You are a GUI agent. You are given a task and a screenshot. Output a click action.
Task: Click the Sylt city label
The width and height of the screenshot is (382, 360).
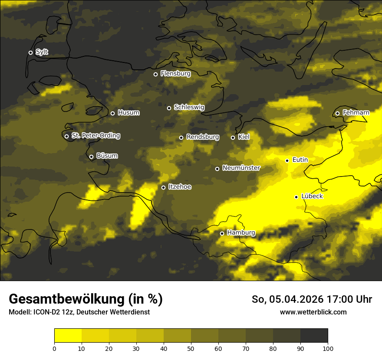coord(42,52)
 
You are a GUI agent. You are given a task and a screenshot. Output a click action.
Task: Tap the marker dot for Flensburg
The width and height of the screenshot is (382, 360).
coord(155,74)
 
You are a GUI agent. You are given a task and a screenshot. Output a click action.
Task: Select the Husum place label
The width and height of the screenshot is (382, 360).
coord(128,113)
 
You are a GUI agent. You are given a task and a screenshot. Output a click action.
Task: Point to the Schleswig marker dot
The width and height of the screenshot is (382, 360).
coord(169,108)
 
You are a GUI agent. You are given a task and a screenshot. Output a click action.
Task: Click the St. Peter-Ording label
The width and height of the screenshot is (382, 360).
coord(95,136)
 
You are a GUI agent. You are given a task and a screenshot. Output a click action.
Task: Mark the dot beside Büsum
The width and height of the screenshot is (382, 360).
coord(91,157)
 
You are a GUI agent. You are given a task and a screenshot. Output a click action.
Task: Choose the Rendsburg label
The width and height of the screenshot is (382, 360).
coord(202,137)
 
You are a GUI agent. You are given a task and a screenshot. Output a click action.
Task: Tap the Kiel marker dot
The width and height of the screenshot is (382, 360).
coord(233,137)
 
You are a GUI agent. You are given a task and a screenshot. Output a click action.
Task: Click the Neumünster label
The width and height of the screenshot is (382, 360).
coord(241,168)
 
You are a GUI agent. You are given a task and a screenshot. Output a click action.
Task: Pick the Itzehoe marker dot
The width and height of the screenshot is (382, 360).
coord(163,187)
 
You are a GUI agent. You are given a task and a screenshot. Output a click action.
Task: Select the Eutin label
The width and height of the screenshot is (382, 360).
coord(300,160)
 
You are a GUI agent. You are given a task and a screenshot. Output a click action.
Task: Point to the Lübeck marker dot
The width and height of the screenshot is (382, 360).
coord(296,197)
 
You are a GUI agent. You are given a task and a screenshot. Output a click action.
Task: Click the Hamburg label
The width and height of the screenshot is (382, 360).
coord(241,233)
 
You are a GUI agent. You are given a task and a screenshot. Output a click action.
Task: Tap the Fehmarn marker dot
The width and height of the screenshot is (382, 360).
coord(337,114)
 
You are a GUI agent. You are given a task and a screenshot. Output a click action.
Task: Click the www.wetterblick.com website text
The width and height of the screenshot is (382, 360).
coord(313,312)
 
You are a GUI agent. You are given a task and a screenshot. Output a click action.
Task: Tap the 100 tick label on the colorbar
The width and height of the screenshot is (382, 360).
coord(328,348)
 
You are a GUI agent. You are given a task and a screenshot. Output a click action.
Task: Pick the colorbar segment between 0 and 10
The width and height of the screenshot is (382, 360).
coord(68,336)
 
